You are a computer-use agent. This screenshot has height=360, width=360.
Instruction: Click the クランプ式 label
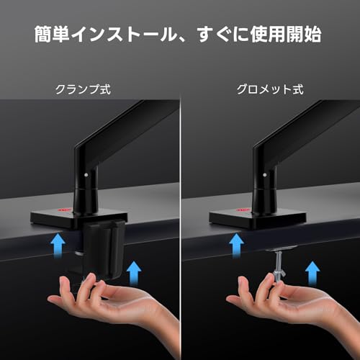(83, 89)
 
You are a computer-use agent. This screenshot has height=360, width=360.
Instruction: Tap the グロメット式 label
(270, 89)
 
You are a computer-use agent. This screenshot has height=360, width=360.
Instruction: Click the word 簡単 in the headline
(52, 35)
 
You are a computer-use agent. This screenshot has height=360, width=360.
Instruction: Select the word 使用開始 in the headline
(286, 35)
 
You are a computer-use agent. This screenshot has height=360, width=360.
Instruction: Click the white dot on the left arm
(86, 175)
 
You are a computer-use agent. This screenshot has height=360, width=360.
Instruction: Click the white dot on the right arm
(265, 175)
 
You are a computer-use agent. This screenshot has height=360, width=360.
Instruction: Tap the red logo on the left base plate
(64, 210)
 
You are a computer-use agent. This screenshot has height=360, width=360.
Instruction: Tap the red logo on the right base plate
(243, 210)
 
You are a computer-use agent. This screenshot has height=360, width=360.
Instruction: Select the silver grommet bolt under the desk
(278, 266)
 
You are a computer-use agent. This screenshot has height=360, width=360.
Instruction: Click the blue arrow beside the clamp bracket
(134, 273)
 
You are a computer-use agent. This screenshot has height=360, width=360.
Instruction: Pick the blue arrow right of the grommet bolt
(312, 273)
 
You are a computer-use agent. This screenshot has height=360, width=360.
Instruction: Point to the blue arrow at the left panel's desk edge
(58, 246)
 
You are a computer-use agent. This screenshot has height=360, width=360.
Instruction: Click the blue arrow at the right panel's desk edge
(236, 246)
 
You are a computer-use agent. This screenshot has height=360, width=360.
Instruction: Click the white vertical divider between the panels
(180, 228)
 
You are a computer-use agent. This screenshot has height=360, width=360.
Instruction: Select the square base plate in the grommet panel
(258, 219)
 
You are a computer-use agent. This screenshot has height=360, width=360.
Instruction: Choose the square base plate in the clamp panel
(78, 219)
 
